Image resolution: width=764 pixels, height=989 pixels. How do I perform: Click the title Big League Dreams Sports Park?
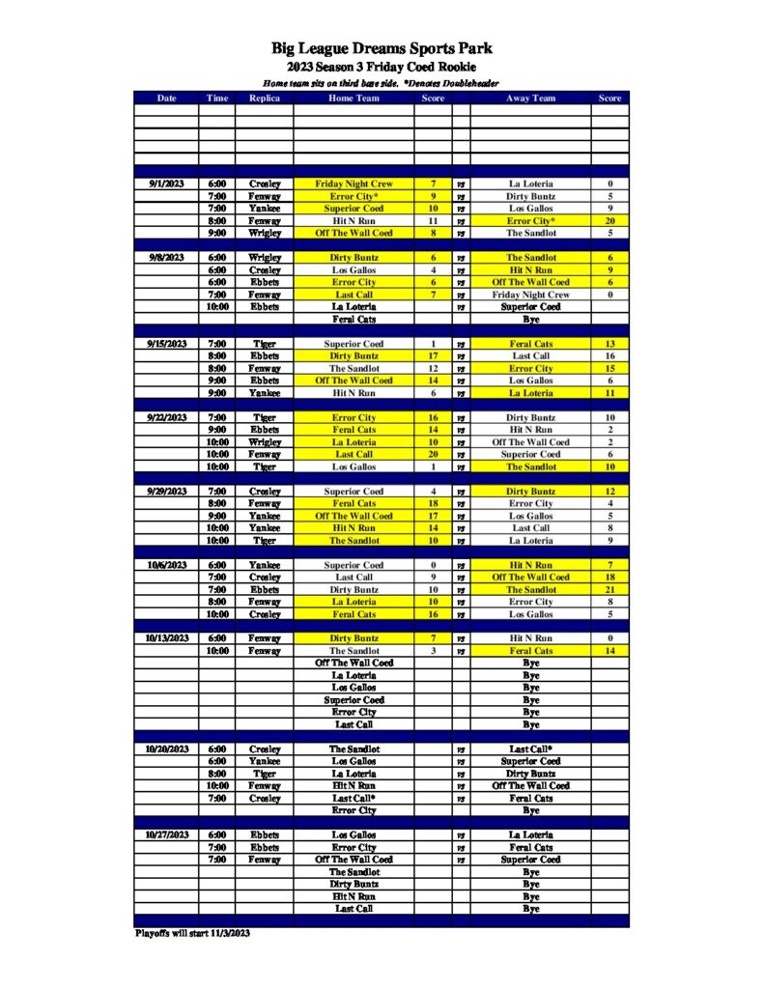[x=382, y=49]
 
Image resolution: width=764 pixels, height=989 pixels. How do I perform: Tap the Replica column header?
[x=264, y=98]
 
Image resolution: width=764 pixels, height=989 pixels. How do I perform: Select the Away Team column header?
[x=530, y=98]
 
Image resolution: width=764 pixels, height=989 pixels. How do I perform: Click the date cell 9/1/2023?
[x=165, y=184]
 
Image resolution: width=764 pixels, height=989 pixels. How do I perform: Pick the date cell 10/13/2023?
[x=165, y=638]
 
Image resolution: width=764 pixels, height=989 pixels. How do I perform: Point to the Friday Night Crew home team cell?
[x=354, y=184]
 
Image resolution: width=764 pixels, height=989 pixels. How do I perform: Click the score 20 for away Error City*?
[x=609, y=220]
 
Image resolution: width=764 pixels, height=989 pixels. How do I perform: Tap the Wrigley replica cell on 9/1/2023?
[x=264, y=233]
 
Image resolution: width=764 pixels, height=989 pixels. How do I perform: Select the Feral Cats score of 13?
[x=609, y=344]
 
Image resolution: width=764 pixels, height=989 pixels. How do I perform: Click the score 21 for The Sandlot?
[x=609, y=589]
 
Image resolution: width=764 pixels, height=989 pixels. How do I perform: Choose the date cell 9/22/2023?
[x=165, y=417]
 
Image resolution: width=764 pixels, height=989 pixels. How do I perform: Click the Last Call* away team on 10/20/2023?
[x=530, y=749]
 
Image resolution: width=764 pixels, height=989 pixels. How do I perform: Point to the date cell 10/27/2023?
[x=165, y=834]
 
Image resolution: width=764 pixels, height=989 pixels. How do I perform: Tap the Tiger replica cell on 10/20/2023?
[x=264, y=774]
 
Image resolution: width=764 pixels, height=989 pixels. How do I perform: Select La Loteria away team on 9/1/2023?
[x=530, y=184]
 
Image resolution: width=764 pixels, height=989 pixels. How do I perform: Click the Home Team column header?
[x=354, y=98]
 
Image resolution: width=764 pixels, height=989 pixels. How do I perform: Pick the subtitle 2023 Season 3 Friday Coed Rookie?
[x=382, y=68]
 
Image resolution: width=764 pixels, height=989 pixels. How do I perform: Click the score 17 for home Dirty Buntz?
[x=434, y=355]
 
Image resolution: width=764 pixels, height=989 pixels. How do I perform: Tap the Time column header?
[x=216, y=98]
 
